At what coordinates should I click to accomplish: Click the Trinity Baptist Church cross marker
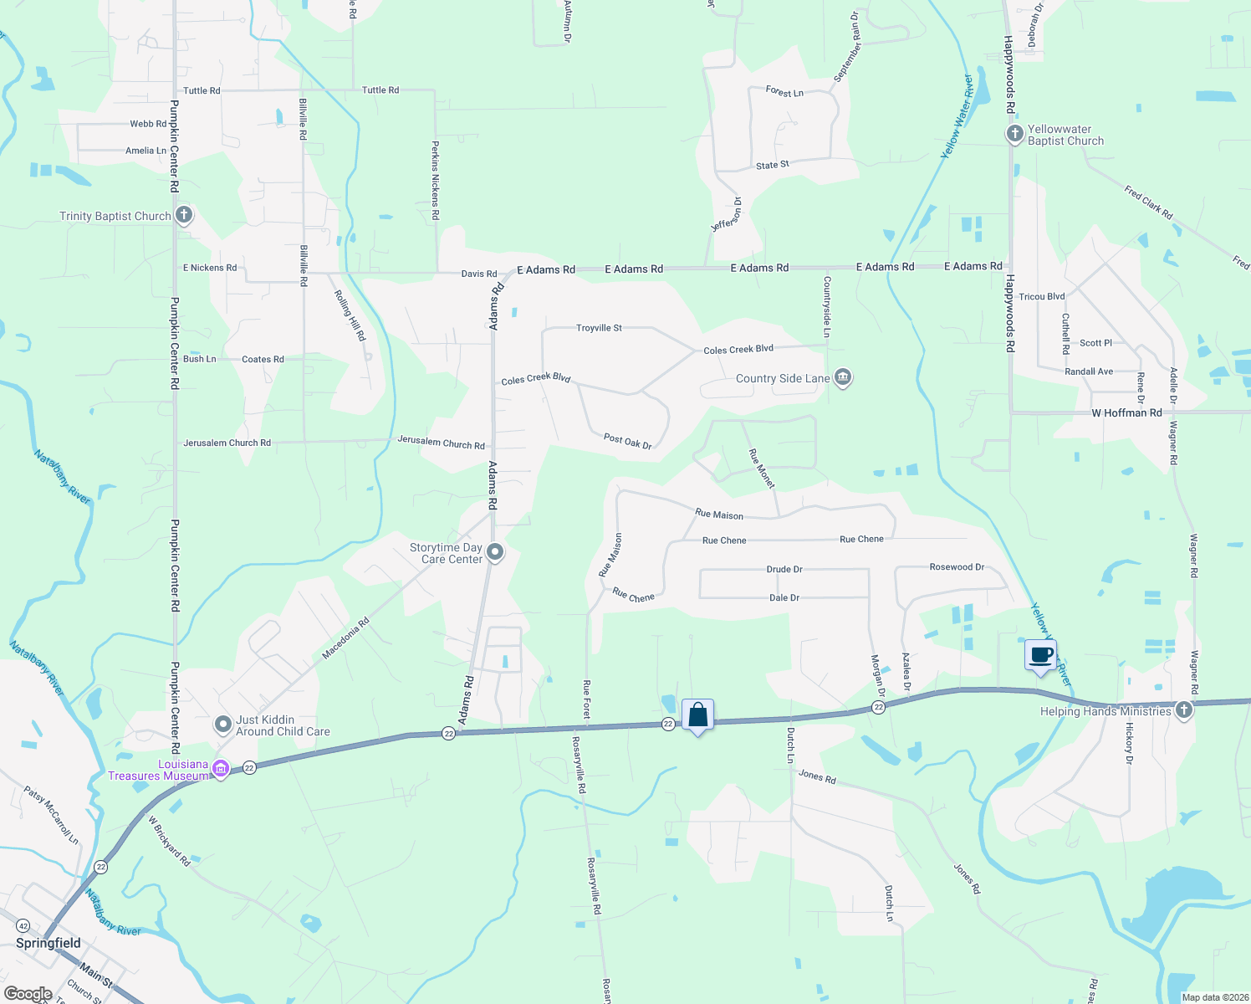pos(184,215)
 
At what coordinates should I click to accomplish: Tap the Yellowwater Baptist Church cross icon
pos(1014,134)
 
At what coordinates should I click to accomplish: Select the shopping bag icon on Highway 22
pos(697,716)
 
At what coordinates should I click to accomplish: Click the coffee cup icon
pos(1040,655)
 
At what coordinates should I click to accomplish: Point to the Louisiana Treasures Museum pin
pos(221,768)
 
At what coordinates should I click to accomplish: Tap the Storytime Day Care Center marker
pos(495,551)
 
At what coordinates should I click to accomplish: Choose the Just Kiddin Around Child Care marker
pos(222,724)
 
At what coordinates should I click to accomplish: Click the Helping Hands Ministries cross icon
pos(1183,710)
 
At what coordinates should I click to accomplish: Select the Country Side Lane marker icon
pos(843,377)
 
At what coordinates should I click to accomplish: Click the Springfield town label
pos(49,943)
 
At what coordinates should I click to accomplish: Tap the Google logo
pos(27,994)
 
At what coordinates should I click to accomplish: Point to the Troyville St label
pos(599,328)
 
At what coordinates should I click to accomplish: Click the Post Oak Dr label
pos(627,440)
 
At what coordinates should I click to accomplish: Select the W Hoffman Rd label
pos(1126,412)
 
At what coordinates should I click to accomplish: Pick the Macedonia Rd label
pos(345,639)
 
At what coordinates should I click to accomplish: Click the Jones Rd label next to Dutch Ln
pos(817,776)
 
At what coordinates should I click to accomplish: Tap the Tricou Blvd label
pos(1041,297)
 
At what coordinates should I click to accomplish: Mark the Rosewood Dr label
pos(957,566)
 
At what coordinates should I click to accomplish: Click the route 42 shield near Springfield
pos(23,926)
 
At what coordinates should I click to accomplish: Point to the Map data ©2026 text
pos(1214,997)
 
